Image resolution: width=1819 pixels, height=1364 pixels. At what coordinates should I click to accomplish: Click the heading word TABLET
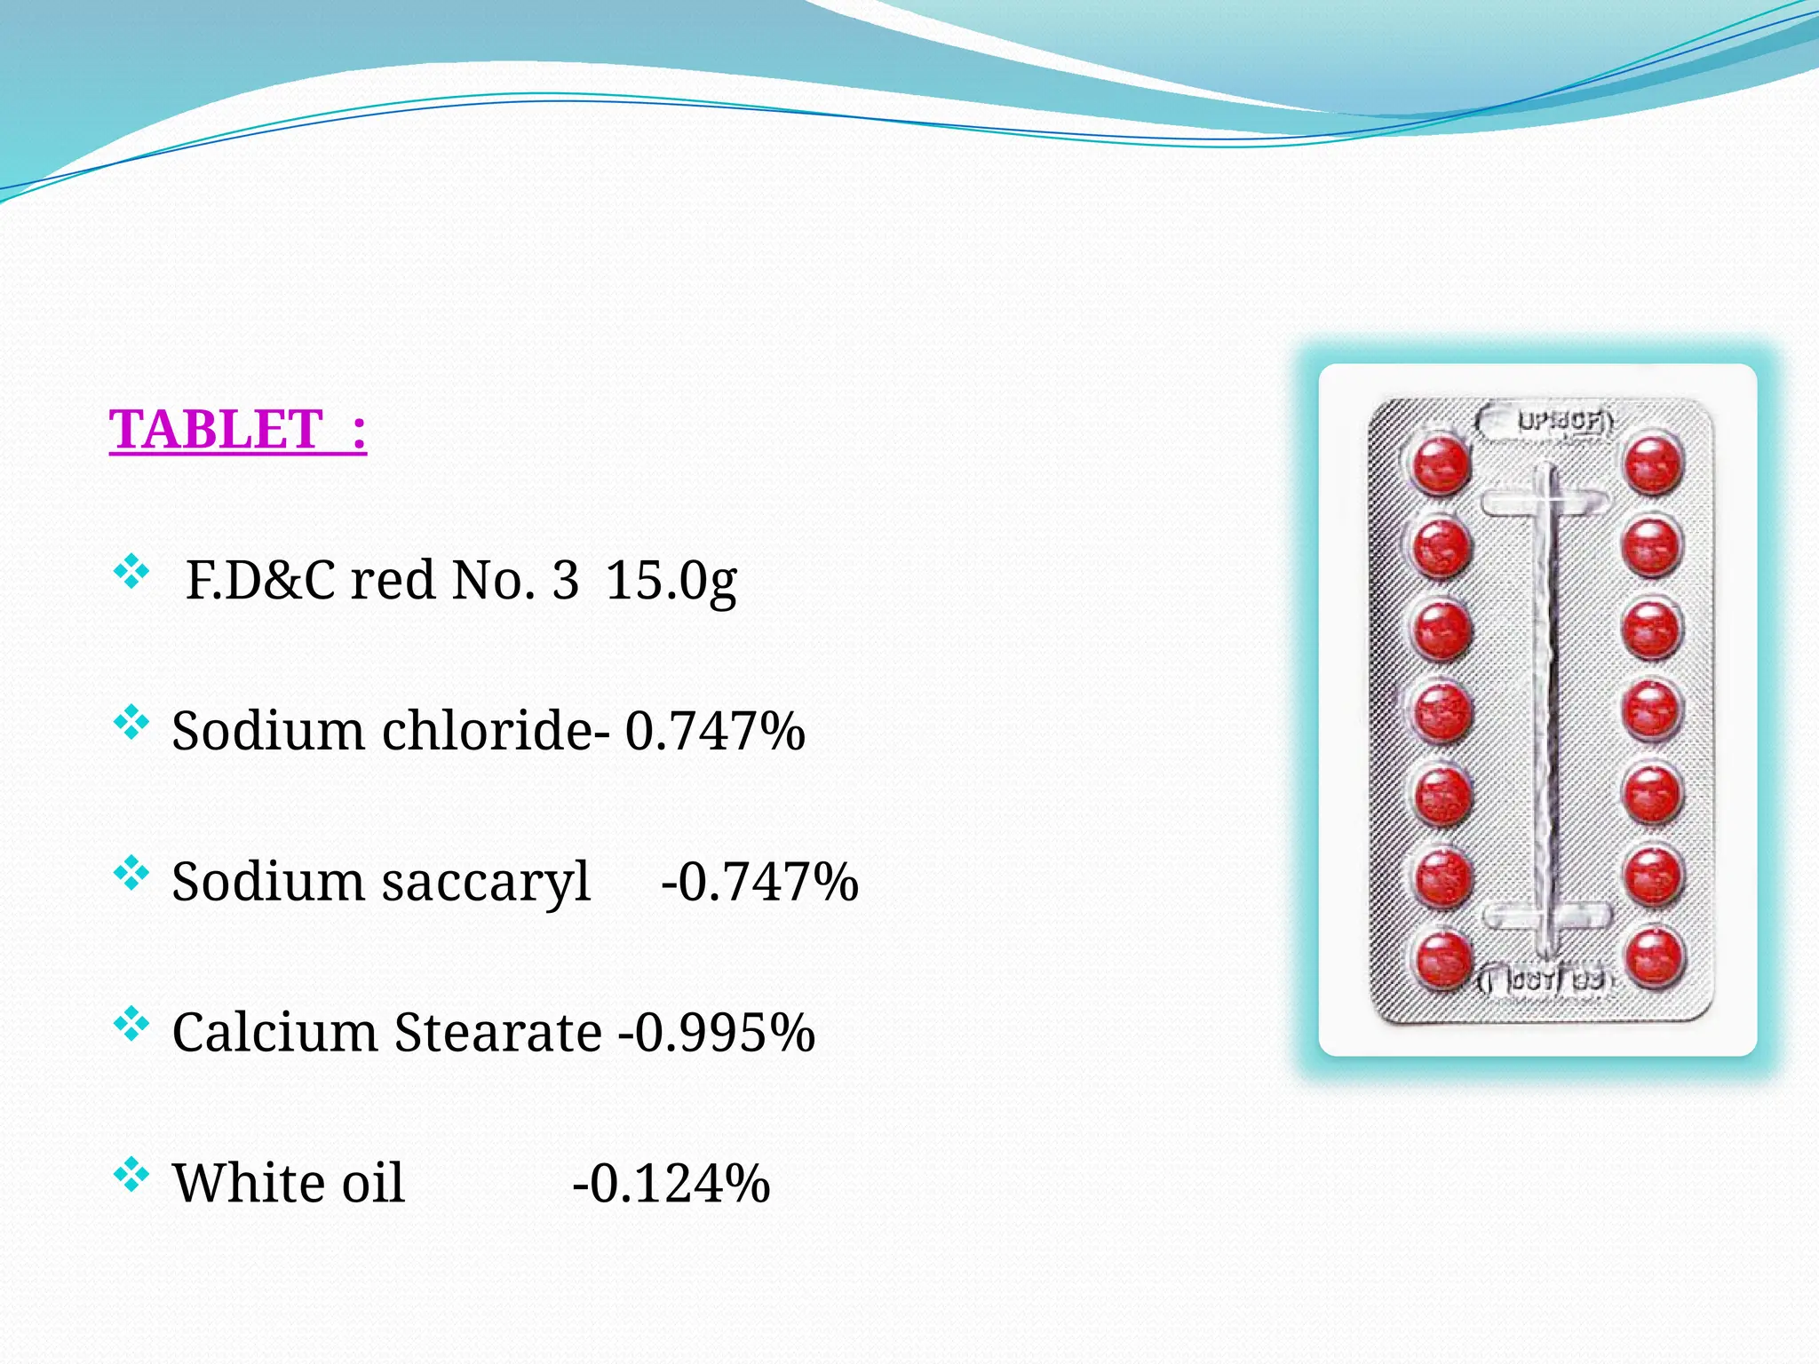tap(215, 430)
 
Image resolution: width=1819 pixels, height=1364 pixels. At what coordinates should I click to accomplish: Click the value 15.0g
tap(671, 582)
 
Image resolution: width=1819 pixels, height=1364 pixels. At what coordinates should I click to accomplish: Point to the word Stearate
tap(498, 1033)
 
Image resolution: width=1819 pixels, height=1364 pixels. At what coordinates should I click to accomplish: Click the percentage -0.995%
tap(717, 1033)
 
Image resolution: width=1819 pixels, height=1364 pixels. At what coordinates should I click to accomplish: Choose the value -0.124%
tap(671, 1184)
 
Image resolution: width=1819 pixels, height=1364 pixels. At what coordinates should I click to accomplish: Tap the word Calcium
tap(275, 1033)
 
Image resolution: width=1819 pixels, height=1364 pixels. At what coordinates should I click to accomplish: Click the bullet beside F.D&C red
tap(131, 573)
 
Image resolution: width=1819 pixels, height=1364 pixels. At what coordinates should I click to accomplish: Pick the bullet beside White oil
tap(131, 1176)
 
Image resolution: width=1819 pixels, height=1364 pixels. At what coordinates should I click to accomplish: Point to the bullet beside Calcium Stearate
tap(131, 1025)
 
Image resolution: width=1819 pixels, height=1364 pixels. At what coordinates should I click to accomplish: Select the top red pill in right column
tap(1653, 463)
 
